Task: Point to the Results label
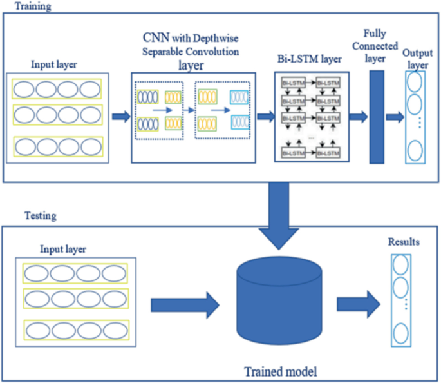pos(404,242)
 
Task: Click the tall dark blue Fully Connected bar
pos(376,116)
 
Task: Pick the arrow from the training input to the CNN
pos(120,117)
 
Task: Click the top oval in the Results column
pos(402,266)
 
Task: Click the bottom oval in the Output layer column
pos(415,152)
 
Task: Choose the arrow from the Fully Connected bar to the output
pos(395,117)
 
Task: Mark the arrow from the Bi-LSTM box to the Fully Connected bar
pos(359,117)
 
